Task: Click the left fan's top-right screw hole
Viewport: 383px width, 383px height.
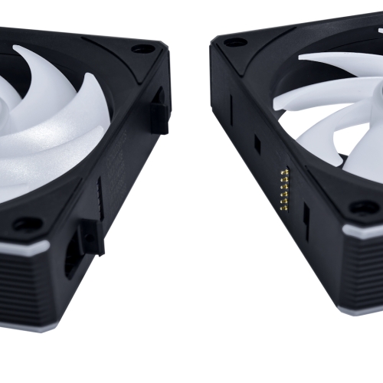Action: (142, 48)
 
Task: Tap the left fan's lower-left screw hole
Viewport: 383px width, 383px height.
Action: (28, 224)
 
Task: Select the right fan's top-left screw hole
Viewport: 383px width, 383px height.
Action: (235, 41)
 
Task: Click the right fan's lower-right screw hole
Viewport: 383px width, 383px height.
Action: (364, 207)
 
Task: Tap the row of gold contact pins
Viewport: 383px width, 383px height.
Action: (285, 188)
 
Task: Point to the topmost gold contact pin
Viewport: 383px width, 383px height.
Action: (285, 170)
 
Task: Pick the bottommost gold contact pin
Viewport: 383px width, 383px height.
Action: (286, 207)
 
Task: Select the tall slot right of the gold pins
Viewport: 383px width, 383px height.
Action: (306, 222)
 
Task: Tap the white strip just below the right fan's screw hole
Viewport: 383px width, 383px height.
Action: (364, 231)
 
